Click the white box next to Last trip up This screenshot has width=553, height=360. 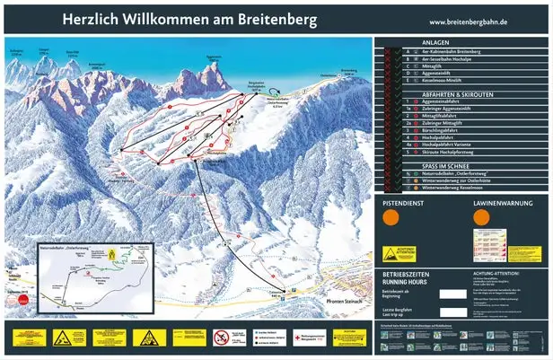point(453,311)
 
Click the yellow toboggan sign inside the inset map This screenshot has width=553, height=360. point(110,254)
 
